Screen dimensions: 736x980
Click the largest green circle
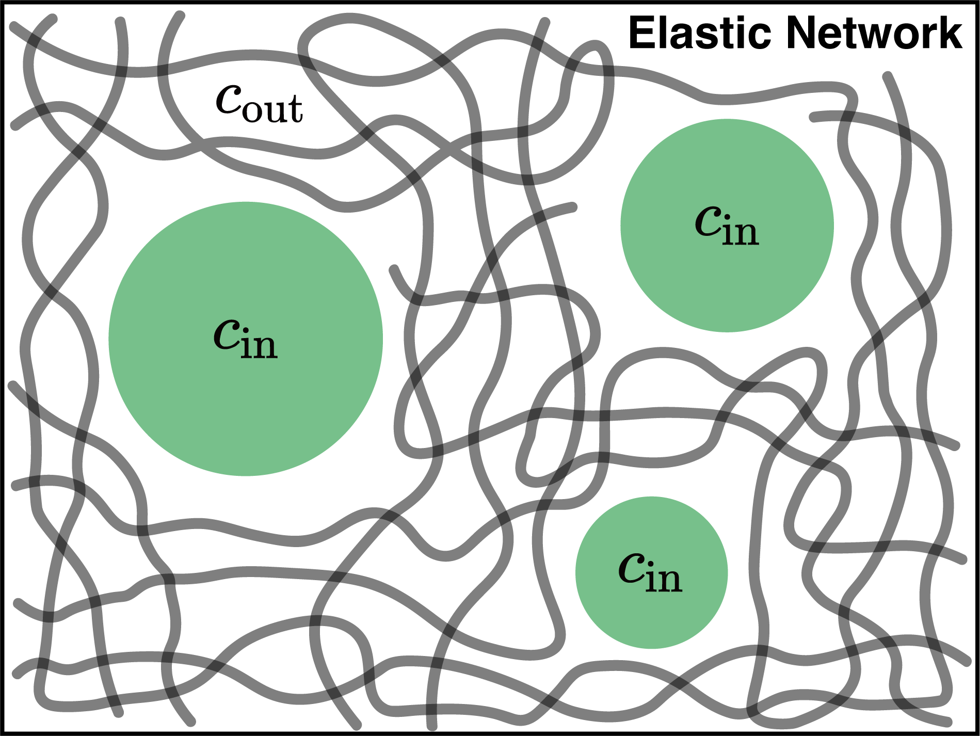point(246,392)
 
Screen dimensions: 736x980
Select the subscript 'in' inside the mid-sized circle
point(741,232)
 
